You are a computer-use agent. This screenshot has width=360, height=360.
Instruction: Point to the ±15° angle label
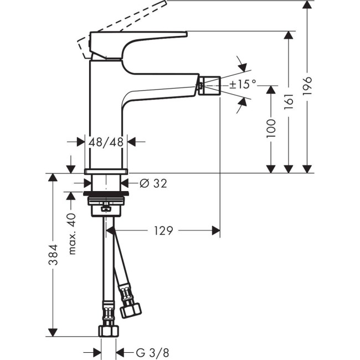[243, 84]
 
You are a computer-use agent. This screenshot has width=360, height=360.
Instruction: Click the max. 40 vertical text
[72, 234]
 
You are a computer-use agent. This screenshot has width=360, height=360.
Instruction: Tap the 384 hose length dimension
[52, 255]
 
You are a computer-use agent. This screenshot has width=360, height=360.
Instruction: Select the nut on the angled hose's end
[131, 308]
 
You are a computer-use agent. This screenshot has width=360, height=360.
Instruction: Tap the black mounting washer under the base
[107, 196]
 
